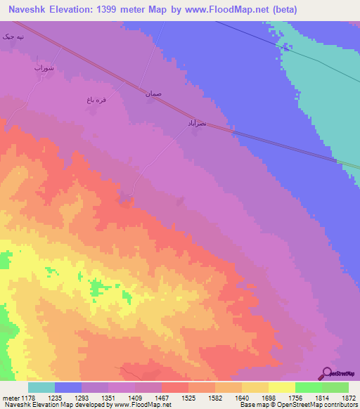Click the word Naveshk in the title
point(29,10)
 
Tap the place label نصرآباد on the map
point(196,123)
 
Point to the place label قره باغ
point(96,101)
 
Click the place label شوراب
point(44,68)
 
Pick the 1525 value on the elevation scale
point(189,397)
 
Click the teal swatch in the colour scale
point(41,387)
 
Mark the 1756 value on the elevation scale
point(295,397)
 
